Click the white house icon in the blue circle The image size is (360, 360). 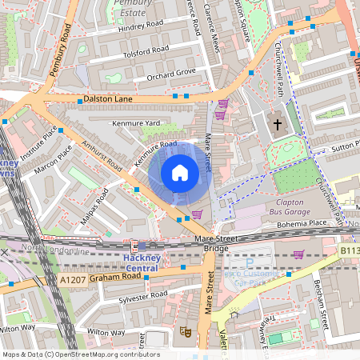click(180, 173)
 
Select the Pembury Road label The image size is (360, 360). click(61, 50)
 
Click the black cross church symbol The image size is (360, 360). click(278, 124)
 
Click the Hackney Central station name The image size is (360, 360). click(142, 262)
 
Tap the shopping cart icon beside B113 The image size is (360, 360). click(298, 255)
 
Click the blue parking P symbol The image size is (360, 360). click(250, 262)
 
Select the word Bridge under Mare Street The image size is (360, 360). click(215, 249)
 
